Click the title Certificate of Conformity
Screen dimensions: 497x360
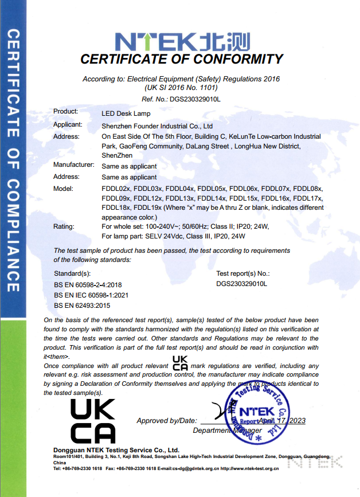(181, 59)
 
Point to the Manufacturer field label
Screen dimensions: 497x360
(73, 165)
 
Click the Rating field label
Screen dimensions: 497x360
(64, 226)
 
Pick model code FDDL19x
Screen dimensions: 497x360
(149, 208)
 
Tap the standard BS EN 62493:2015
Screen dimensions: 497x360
(83, 305)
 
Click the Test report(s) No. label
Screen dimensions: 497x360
(243, 274)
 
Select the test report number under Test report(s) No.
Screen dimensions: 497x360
(242, 284)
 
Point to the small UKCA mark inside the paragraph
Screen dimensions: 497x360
(180, 363)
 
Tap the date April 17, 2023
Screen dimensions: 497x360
(282, 420)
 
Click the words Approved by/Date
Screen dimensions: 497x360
(167, 421)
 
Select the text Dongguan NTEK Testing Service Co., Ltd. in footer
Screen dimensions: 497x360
(116, 450)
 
